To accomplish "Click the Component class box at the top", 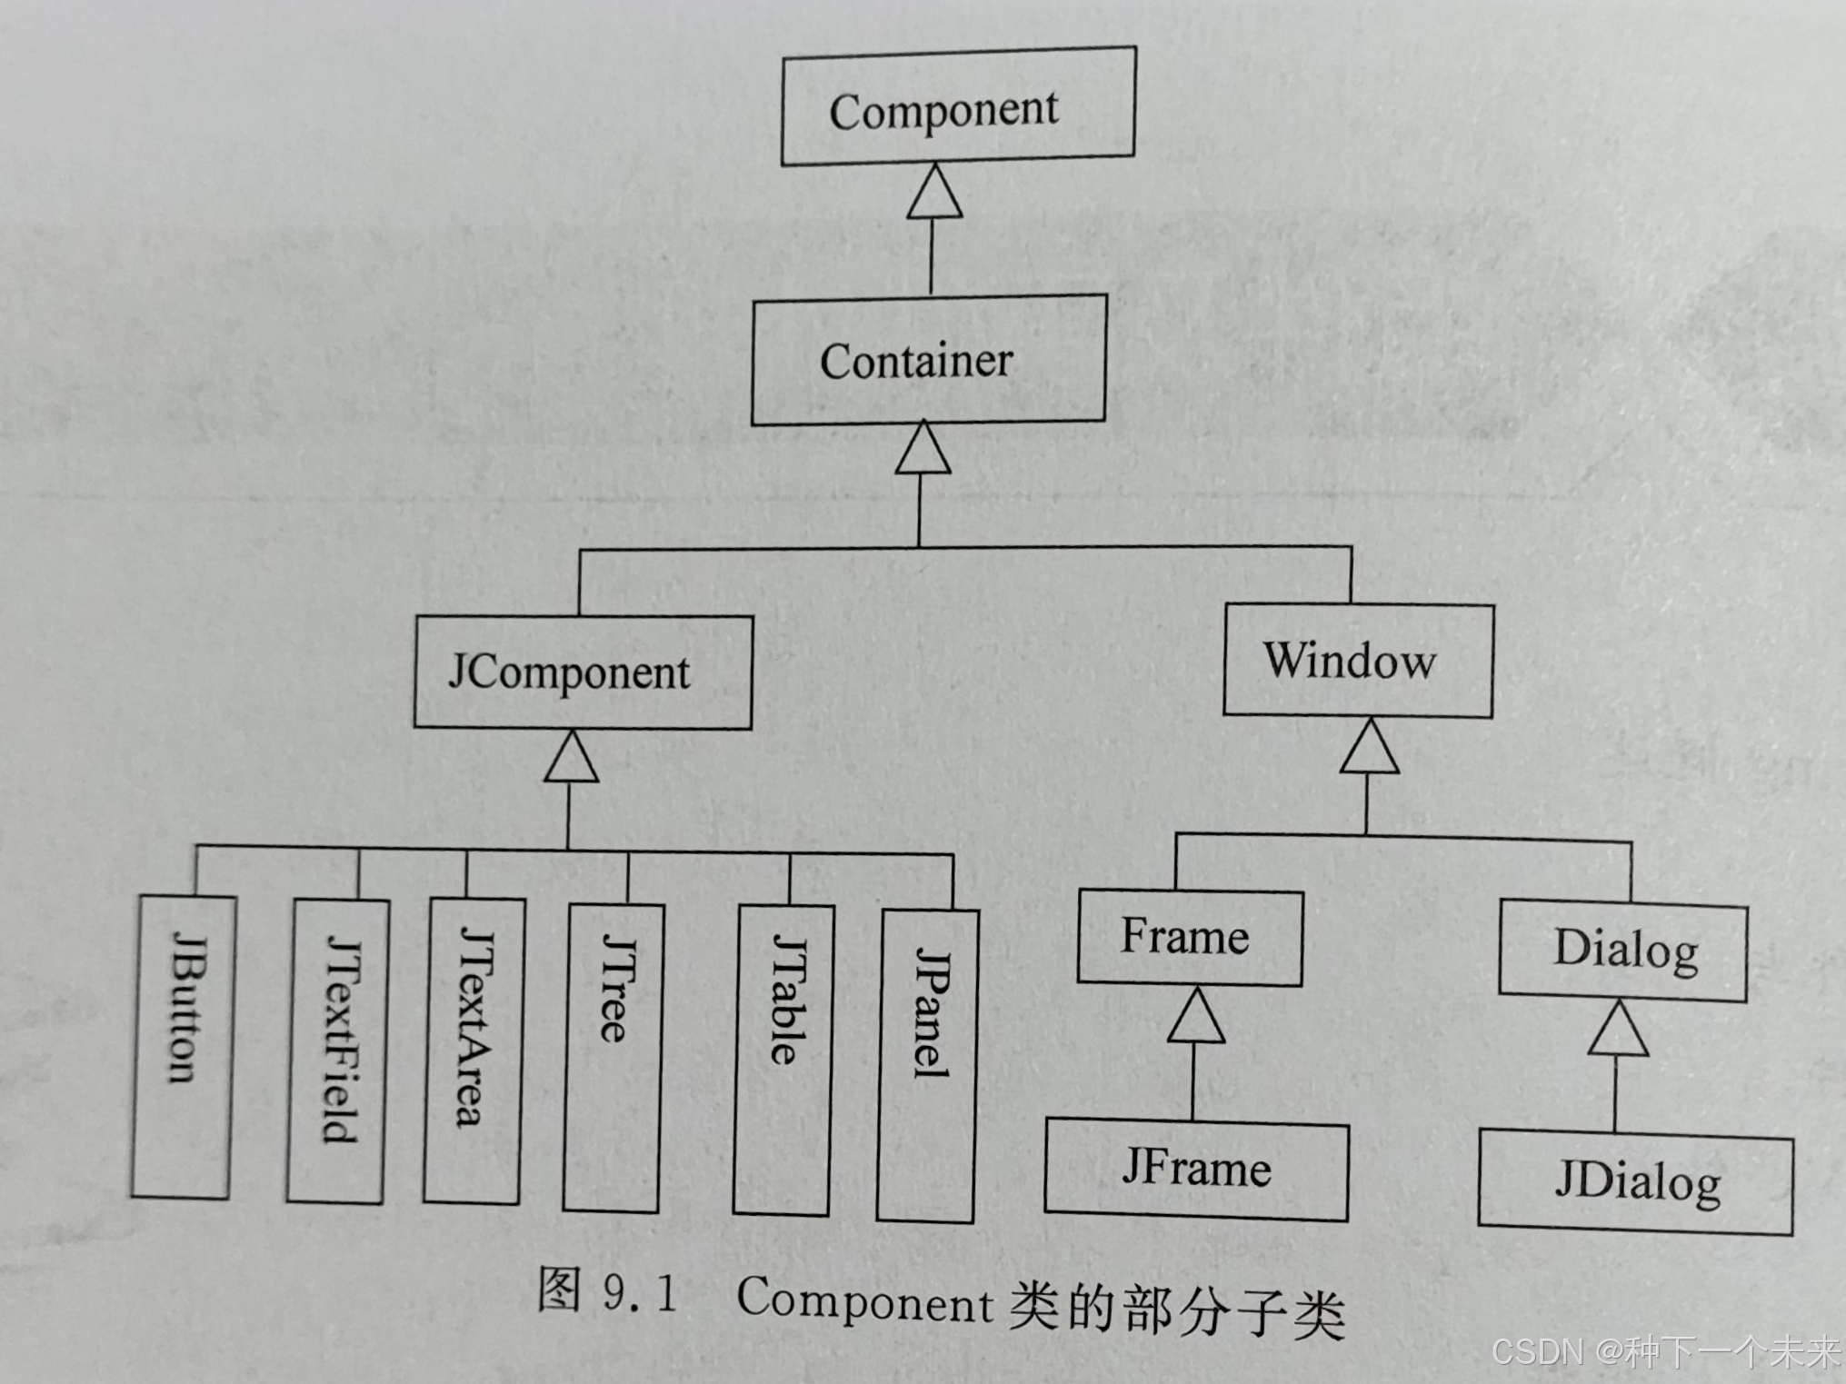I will (958, 107).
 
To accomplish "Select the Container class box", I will (928, 360).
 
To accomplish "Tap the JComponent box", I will (583, 672).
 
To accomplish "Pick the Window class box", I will (1358, 661).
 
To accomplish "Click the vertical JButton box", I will (184, 1047).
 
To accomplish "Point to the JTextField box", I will (338, 1051).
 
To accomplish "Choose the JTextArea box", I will (474, 1051).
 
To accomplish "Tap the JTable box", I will (783, 1060).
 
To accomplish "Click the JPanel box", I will (927, 1066).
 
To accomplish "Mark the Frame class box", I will (1190, 938).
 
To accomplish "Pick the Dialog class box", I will (1623, 951).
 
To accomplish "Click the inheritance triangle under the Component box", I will (934, 192).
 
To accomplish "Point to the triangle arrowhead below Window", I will (1370, 747).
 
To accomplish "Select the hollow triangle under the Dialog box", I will (1618, 1030).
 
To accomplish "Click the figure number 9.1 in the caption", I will (640, 1293).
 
